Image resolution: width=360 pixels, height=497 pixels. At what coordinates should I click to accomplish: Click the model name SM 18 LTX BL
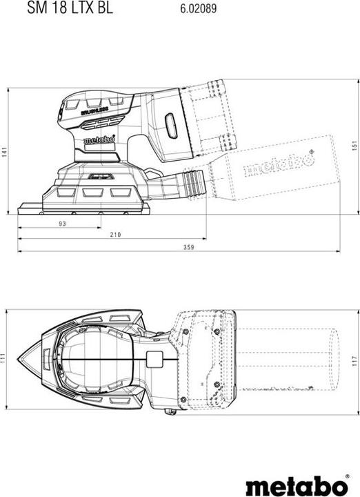point(70,8)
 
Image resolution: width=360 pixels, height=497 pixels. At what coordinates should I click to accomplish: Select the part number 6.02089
point(199,8)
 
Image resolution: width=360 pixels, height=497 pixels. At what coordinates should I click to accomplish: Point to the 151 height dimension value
point(354,145)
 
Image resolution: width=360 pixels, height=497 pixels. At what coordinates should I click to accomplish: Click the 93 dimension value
point(62,224)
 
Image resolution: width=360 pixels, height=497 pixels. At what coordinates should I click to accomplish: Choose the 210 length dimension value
point(115,235)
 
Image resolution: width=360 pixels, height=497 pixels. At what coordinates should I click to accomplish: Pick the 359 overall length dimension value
point(188,247)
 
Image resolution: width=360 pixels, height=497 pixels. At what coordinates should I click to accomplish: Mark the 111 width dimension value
point(3,358)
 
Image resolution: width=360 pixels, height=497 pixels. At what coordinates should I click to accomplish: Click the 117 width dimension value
point(354,362)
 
